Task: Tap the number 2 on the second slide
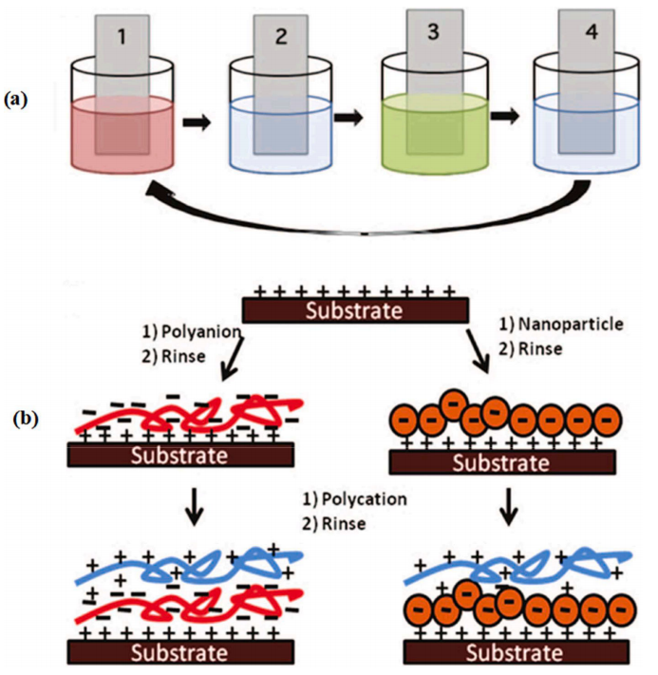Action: [x=281, y=38]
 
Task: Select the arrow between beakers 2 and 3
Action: [x=348, y=118]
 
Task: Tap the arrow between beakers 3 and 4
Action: [x=503, y=118]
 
